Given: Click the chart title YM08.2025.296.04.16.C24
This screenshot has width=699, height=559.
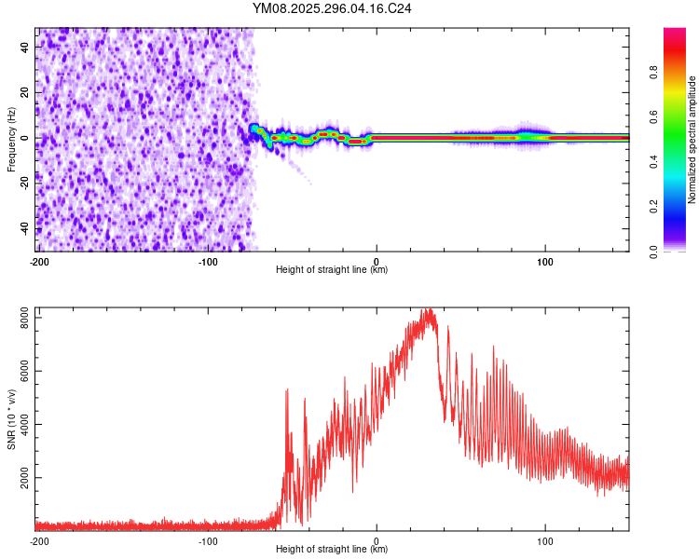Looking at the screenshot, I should coord(332,9).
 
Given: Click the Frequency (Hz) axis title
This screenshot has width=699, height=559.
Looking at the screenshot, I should coord(11,139).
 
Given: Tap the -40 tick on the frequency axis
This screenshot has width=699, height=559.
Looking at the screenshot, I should coord(26,228).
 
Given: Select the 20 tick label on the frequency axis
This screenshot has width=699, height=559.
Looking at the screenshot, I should coord(26,93).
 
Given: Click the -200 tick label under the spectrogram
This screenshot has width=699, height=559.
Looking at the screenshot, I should coord(39,261).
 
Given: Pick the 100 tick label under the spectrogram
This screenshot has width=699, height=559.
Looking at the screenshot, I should coord(546,261).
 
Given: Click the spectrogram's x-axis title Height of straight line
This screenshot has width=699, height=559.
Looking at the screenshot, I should coord(332,270).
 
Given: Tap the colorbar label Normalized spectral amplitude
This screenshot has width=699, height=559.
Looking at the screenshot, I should coord(692,140).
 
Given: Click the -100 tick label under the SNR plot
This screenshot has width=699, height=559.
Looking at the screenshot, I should coord(208,540).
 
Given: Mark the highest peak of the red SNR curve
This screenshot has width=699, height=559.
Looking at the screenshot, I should coord(429,309).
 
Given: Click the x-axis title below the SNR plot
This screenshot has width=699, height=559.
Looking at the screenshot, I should coord(332,550).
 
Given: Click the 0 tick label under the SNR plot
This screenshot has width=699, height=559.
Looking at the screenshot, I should coord(377,540).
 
